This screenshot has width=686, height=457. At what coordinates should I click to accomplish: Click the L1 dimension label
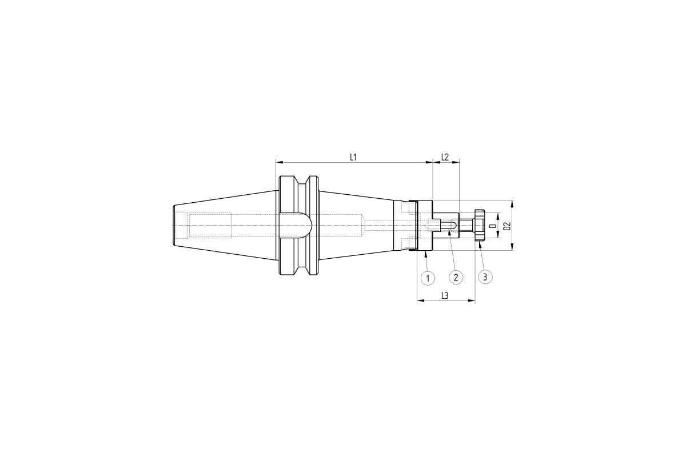(x=353, y=157)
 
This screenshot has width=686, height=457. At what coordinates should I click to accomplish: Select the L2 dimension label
(x=445, y=157)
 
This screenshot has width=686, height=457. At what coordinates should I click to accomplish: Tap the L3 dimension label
(x=445, y=296)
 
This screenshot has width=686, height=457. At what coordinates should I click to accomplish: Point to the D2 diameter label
(x=508, y=226)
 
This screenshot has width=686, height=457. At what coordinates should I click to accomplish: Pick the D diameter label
(x=493, y=226)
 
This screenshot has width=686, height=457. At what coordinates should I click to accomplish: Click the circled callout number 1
(x=428, y=278)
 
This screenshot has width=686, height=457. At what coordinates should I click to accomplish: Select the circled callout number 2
(x=456, y=278)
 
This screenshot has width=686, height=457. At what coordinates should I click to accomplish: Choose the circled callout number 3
(x=485, y=277)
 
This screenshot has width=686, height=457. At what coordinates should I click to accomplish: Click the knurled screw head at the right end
(x=480, y=225)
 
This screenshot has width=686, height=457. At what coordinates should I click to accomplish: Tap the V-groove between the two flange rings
(x=302, y=225)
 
